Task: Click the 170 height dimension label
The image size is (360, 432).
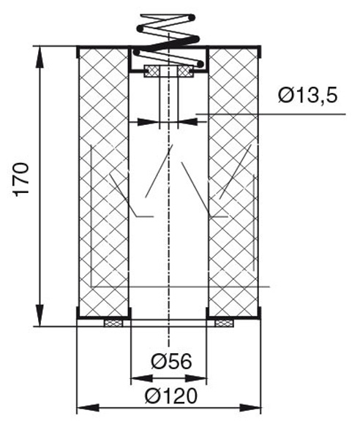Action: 21,180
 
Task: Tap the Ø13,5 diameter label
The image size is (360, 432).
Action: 307,96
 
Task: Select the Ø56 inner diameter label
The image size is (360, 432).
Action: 171,361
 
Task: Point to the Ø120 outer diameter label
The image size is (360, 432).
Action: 171,396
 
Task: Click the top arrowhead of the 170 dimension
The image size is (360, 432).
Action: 40,57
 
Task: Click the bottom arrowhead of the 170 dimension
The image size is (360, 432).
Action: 40,316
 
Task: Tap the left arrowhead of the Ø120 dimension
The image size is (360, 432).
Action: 88,408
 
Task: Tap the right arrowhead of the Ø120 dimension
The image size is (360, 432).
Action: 250,408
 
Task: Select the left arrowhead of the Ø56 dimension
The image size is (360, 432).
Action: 141,379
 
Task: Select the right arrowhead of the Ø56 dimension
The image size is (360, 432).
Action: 195,379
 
